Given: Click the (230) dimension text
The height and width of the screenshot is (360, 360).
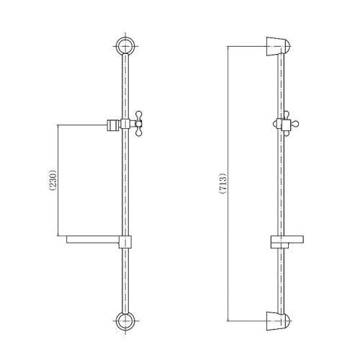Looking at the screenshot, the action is [x=53, y=181].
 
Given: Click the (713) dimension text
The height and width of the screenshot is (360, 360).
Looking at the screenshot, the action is [x=223, y=184].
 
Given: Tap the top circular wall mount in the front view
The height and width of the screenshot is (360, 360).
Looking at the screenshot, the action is [x=125, y=45].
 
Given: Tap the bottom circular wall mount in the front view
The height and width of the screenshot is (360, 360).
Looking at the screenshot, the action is [x=125, y=321].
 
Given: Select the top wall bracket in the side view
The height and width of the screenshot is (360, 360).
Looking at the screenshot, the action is [x=279, y=47].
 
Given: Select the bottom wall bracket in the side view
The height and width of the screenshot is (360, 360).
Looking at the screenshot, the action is [x=279, y=321].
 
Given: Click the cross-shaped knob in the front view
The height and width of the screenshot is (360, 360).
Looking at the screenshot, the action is [x=139, y=124].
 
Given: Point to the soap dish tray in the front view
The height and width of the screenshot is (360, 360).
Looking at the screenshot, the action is [x=93, y=240].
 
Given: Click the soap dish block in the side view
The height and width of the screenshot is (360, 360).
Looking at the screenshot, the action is [x=287, y=241].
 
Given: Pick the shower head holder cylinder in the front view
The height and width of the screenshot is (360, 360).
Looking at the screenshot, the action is [x=113, y=125].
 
